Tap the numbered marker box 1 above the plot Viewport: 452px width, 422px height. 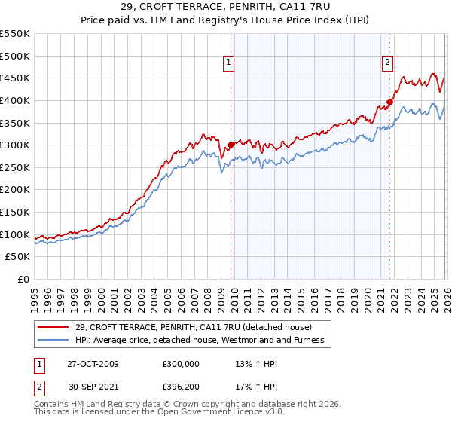click(228, 63)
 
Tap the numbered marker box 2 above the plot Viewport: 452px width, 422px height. click(387, 63)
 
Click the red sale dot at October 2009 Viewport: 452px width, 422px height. click(231, 145)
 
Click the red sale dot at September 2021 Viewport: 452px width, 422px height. click(389, 102)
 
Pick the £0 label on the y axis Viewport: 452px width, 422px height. click(24, 279)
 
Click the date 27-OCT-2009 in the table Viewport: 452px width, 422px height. click(93, 364)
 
